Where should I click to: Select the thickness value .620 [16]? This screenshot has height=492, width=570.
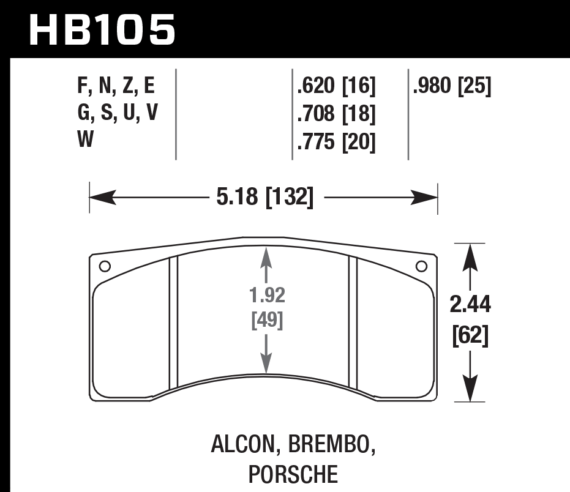(335, 87)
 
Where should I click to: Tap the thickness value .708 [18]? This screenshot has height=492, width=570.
(335, 114)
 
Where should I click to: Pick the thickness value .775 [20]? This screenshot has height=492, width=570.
(335, 142)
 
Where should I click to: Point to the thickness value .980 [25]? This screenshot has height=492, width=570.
(452, 87)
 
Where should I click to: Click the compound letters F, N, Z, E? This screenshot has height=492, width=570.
(116, 87)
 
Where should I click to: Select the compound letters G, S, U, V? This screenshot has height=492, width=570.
(116, 114)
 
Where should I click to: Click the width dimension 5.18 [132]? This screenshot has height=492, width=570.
(264, 197)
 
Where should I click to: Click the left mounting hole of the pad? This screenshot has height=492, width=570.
(104, 266)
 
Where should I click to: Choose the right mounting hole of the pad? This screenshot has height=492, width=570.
(421, 266)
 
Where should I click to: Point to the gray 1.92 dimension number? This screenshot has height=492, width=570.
(267, 296)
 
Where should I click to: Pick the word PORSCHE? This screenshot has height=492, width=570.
(293, 474)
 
